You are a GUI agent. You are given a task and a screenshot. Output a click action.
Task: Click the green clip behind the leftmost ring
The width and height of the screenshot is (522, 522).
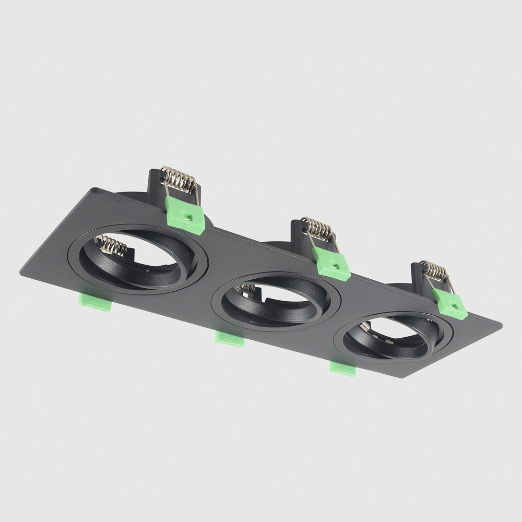185,214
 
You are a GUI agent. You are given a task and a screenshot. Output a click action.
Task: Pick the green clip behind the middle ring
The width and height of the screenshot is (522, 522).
331,264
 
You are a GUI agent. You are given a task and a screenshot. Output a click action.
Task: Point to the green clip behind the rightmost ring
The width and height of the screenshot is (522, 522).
449,304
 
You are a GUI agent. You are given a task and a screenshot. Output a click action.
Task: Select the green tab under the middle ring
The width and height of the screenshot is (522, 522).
230,339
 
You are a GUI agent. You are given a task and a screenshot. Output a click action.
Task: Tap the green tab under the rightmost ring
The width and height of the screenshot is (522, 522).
343,369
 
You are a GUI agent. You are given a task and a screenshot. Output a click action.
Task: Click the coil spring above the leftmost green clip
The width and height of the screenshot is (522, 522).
179,179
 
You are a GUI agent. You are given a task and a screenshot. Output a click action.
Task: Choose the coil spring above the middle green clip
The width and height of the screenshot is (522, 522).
317,229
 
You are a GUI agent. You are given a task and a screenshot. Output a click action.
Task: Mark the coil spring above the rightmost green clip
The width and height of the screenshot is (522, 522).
434,271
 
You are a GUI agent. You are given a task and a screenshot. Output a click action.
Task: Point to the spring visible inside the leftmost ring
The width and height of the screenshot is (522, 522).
111,245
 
